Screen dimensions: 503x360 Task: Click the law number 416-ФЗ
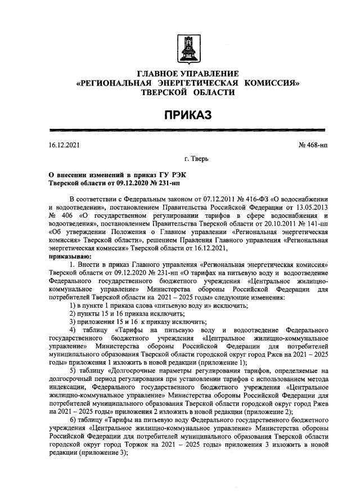[253, 199]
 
